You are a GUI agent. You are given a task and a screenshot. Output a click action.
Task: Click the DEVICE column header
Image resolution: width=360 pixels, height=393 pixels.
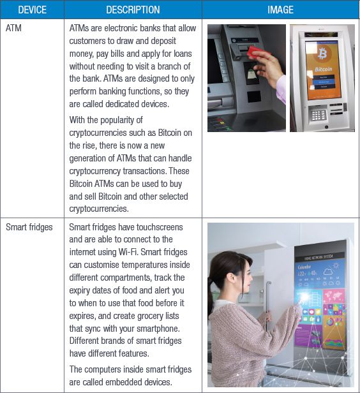pos(32,10)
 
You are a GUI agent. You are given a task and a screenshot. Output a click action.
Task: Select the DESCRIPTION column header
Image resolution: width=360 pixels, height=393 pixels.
pos(133,10)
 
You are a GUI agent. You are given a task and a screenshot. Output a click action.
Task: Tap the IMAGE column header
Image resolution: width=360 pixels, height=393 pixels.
pos(280,10)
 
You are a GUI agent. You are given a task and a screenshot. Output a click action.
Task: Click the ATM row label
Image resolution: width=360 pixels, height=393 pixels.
pos(13,28)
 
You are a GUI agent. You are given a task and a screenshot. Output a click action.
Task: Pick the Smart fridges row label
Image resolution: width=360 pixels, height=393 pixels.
pos(29,227)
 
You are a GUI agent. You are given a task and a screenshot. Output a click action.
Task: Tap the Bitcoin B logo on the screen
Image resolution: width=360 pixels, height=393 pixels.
pos(322,54)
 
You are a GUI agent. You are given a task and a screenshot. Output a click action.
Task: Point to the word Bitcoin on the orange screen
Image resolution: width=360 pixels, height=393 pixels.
pos(324,69)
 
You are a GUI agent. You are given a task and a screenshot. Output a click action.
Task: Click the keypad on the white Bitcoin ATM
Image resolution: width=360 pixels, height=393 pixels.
pos(318,115)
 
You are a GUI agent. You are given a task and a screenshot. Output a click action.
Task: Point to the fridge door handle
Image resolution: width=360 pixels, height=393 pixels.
pos(268,306)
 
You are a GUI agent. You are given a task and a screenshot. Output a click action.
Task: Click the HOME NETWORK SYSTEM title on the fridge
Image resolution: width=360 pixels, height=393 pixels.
pos(319,257)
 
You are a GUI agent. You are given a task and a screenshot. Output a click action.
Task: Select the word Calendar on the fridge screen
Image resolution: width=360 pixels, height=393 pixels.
pos(304,267)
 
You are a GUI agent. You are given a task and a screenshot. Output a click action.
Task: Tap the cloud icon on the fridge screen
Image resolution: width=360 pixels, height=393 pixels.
pos(327,272)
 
